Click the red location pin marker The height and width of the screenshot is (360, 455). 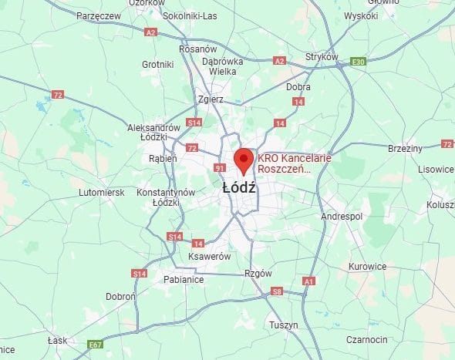[244, 160]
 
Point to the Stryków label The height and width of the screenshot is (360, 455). [322, 57]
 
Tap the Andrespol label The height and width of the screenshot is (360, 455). [342, 217]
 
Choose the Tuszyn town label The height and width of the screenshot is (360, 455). [284, 325]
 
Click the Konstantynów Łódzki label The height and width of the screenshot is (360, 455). [165, 197]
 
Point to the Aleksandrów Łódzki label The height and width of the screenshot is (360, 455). [153, 132]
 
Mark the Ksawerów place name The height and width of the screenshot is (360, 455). [209, 256]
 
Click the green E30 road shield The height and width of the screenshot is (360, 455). [357, 61]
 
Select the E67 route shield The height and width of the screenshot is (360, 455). [95, 344]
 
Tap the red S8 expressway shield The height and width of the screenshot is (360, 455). [276, 292]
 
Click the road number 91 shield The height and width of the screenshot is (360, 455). [220, 168]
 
